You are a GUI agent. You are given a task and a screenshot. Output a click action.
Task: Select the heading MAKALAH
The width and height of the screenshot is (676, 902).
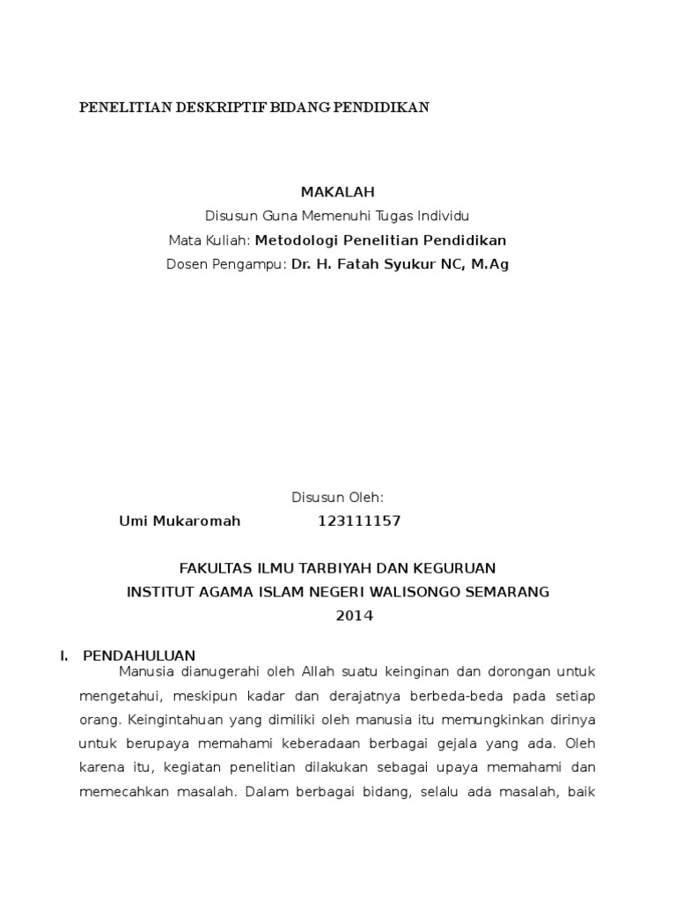tap(338, 192)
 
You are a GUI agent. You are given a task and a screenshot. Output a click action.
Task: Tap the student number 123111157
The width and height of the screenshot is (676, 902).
tap(359, 521)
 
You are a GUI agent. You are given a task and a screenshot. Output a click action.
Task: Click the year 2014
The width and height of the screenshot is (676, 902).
tap(355, 616)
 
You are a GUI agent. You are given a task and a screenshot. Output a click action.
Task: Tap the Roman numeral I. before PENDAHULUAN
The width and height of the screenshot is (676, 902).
tap(63, 655)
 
